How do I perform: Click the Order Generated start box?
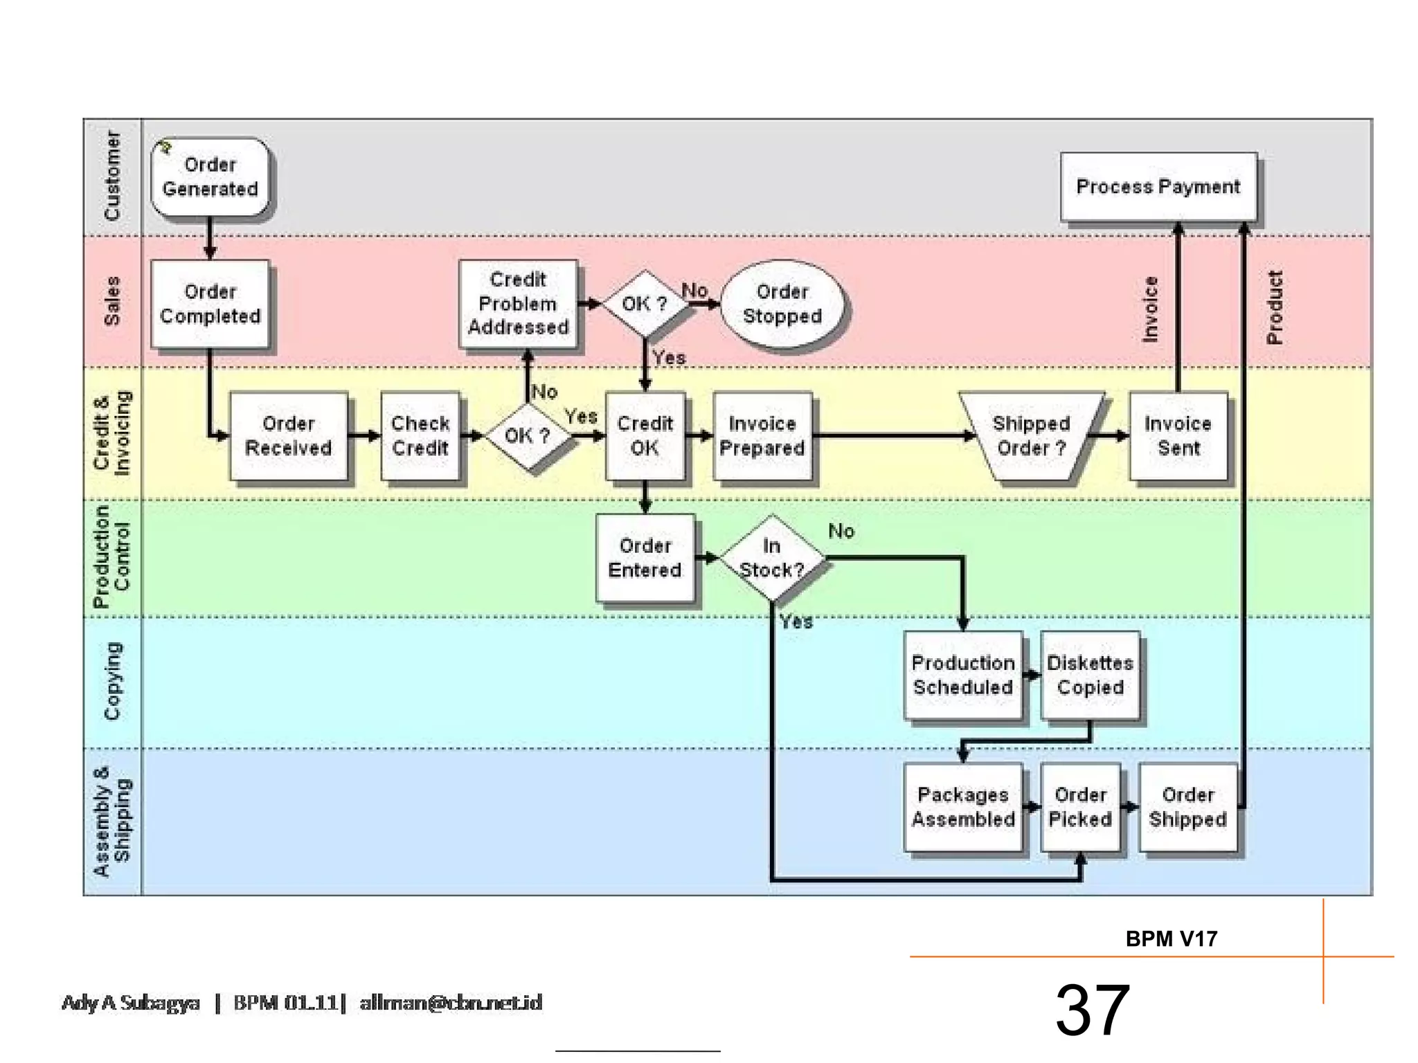[x=210, y=177]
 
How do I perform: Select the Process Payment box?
[x=1158, y=187]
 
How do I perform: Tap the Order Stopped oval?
[x=782, y=305]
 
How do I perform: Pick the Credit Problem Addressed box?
[x=518, y=303]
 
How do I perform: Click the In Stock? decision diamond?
[x=772, y=558]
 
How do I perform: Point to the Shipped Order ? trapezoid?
[x=1031, y=436]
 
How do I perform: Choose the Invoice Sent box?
[x=1178, y=436]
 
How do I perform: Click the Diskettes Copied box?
[x=1090, y=675]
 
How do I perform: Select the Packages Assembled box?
[x=962, y=807]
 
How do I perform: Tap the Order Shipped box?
[x=1187, y=807]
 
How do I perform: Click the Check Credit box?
[x=420, y=436]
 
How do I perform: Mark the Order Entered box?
[x=645, y=558]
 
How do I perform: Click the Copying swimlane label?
[x=112, y=681]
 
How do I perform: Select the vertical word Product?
[x=1274, y=307]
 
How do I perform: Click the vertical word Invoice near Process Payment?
[x=1149, y=309]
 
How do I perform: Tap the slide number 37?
[x=1092, y=1010]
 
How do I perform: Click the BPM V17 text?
[x=1171, y=939]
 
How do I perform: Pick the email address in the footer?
[x=451, y=1003]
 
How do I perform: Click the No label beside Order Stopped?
[x=694, y=290]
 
